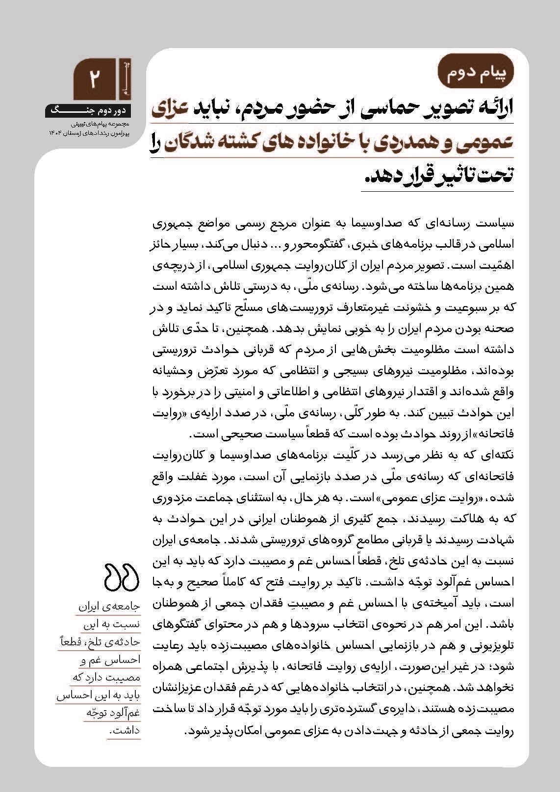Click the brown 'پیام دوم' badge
tap(476, 73)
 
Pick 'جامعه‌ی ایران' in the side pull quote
tap(109, 607)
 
